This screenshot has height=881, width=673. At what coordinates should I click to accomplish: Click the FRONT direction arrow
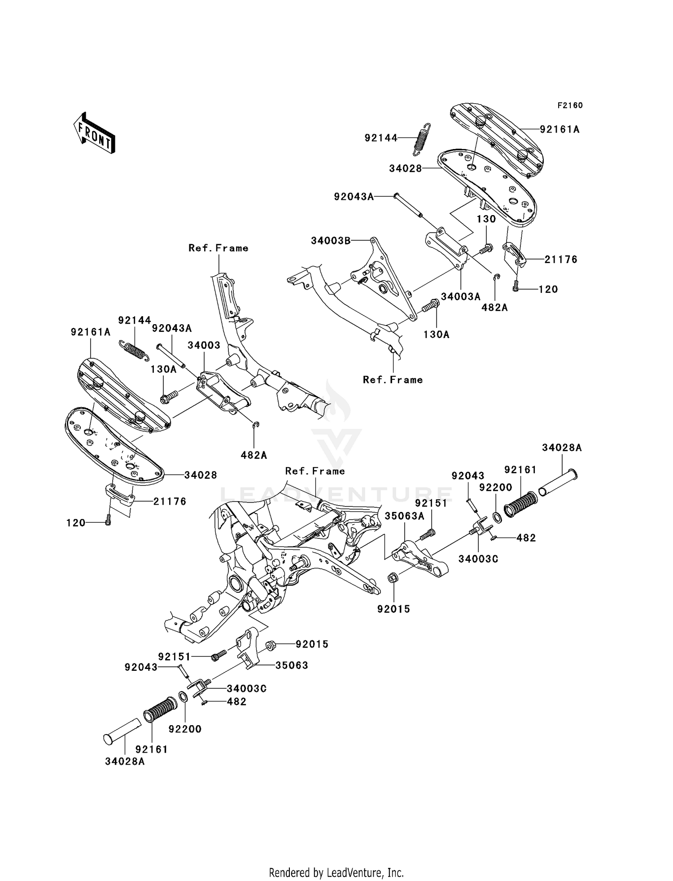95,134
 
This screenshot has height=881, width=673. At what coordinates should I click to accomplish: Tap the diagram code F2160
570,106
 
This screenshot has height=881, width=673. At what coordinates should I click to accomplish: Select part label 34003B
331,241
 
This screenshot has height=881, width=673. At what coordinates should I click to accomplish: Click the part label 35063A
404,516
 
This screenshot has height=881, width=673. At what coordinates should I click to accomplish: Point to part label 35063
292,665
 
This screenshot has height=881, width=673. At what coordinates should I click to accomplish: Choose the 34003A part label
461,296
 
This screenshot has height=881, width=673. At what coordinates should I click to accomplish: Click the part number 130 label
486,219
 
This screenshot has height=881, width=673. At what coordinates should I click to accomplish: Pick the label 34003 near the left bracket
204,345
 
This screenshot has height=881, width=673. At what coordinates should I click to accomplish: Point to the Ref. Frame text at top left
219,248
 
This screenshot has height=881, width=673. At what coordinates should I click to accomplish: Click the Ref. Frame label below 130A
393,380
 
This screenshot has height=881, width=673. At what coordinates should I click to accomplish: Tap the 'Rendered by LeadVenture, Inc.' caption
336,872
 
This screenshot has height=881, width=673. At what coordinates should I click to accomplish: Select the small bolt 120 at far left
108,522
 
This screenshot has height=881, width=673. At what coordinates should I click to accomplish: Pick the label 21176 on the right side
561,260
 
